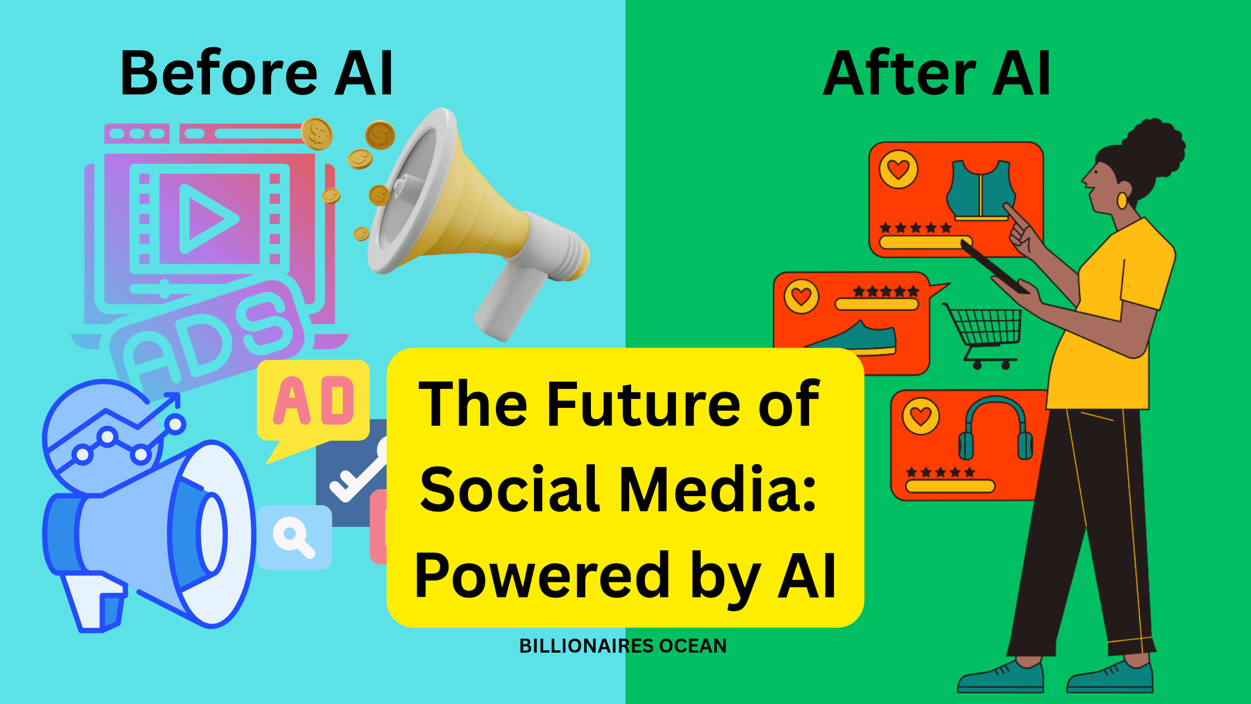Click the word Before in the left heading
pyautogui.click(x=219, y=73)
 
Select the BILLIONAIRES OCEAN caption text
pyautogui.click(x=623, y=646)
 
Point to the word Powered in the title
pyautogui.click(x=542, y=575)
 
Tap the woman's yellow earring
pyautogui.click(x=1122, y=200)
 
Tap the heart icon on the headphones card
pyautogui.click(x=921, y=416)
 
